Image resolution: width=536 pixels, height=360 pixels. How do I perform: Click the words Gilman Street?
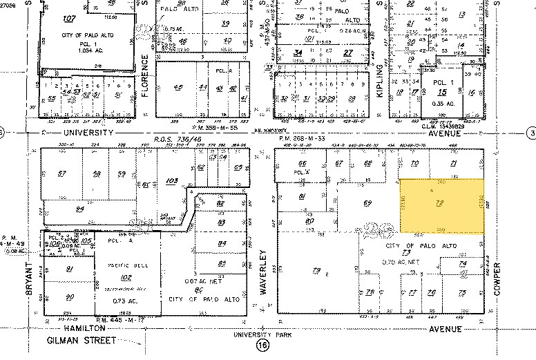point(79,341)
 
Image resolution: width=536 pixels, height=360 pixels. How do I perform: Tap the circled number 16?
point(262,345)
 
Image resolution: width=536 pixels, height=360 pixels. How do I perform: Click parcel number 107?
point(68,18)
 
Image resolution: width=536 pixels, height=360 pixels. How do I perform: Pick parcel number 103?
point(172,180)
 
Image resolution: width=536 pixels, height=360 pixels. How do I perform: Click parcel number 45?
point(179,88)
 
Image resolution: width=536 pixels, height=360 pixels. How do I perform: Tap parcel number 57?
point(62,173)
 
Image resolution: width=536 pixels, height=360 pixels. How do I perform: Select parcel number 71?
point(454,163)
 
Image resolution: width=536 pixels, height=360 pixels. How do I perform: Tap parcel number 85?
point(221,263)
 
